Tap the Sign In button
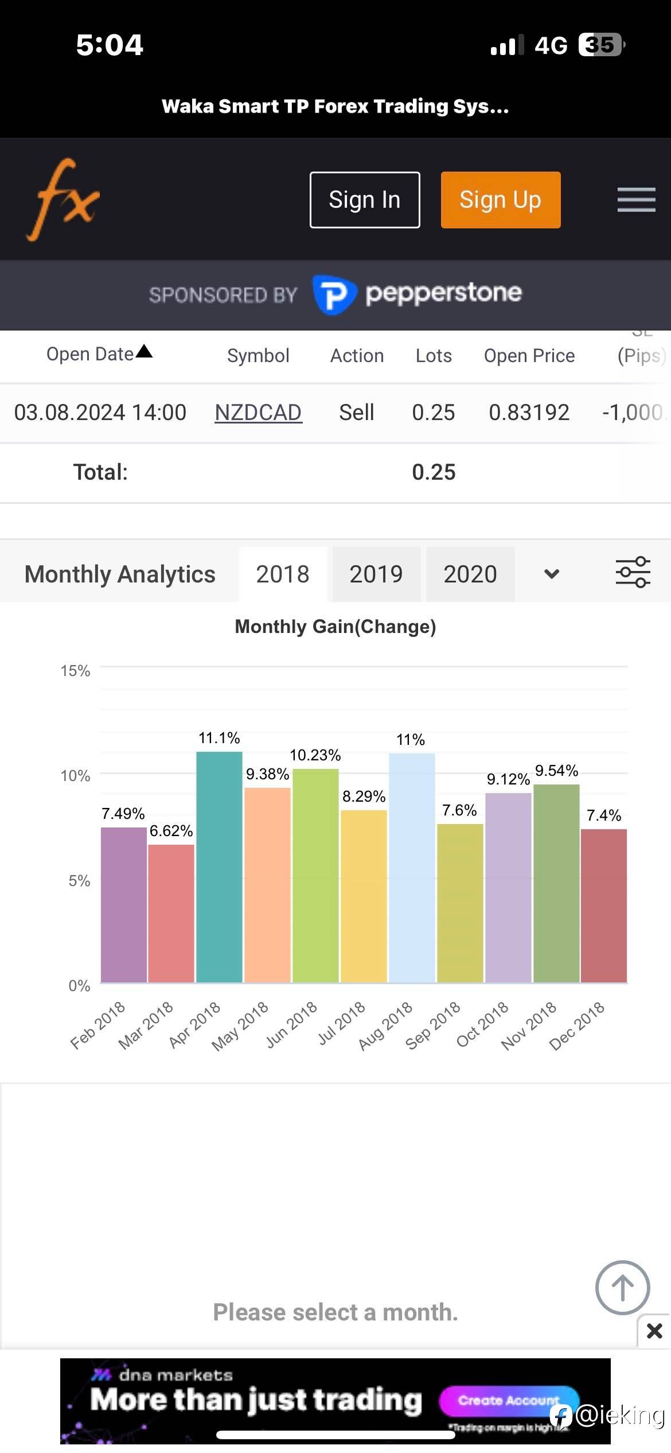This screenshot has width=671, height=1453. pyautogui.click(x=365, y=200)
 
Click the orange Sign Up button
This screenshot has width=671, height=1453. pyautogui.click(x=500, y=200)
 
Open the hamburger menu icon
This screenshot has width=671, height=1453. pyautogui.click(x=636, y=200)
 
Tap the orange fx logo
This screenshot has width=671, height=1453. pyautogui.click(x=63, y=200)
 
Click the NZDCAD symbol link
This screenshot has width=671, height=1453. pyautogui.click(x=258, y=413)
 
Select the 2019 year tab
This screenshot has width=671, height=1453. pyautogui.click(x=376, y=574)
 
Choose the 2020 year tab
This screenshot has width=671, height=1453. pyautogui.click(x=470, y=574)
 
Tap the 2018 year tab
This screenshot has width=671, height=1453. pyautogui.click(x=283, y=574)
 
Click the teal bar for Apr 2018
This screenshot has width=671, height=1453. pyautogui.click(x=219, y=867)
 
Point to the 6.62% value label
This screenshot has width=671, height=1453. pyautogui.click(x=171, y=831)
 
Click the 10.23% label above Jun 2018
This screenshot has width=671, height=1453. pyautogui.click(x=315, y=755)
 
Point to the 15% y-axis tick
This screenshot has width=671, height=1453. pyautogui.click(x=75, y=671)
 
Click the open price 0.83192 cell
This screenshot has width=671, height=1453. pyautogui.click(x=529, y=413)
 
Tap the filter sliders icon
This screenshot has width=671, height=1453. pyautogui.click(x=633, y=573)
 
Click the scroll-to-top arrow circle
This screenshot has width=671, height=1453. pyautogui.click(x=622, y=1287)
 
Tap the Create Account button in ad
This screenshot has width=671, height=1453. pyautogui.click(x=508, y=1401)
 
